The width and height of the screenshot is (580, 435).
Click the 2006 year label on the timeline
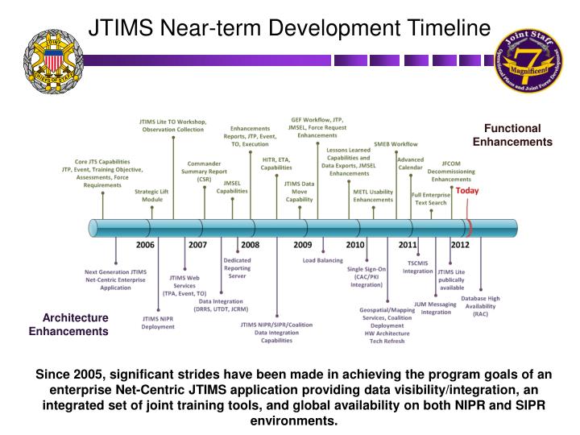point(145,244)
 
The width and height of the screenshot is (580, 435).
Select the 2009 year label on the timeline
point(302,244)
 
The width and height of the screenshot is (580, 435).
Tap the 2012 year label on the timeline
point(460,244)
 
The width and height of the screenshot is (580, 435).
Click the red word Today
point(467,192)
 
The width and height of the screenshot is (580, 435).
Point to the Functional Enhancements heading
point(512,135)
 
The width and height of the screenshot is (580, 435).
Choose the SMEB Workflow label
point(396,144)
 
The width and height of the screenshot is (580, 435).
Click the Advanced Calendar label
point(410,164)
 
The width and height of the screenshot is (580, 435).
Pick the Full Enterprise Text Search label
point(430,198)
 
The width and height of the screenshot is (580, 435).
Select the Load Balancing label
point(322,260)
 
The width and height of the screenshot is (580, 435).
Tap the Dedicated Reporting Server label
point(237,268)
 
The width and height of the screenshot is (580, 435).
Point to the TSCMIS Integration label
point(417,267)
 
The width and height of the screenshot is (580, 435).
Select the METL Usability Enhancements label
point(373,195)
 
